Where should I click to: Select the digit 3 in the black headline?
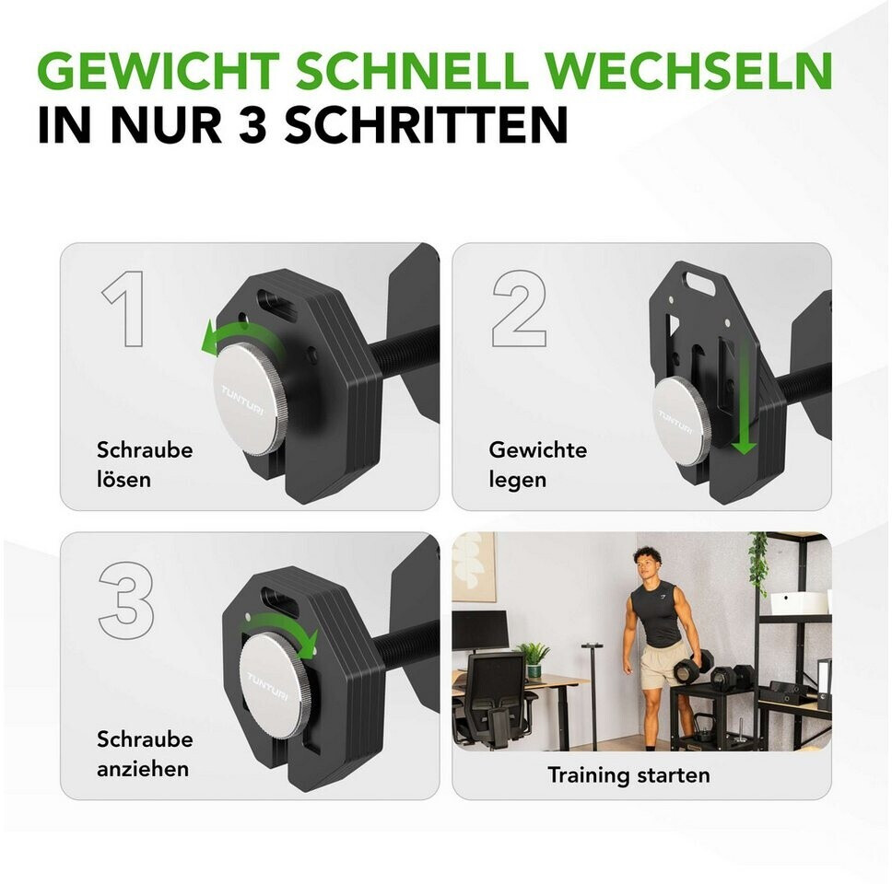252,124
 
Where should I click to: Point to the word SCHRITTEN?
426,124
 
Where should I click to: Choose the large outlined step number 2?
520,308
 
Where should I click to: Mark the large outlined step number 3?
126,600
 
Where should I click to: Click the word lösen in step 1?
124,479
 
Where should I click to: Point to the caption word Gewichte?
537,449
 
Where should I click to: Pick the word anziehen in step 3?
143,769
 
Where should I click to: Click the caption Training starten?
628,774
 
